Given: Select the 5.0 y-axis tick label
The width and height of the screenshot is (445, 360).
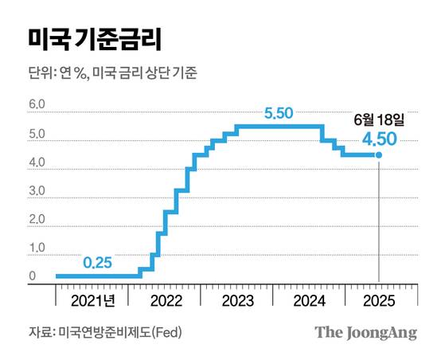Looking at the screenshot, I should pos(37,135).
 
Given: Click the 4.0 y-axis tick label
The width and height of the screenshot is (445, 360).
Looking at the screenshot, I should pos(37,163).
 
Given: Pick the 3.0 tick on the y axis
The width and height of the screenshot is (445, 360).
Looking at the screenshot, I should pos(37,192).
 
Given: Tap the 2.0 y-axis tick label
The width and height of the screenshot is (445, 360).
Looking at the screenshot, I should pos(37,221).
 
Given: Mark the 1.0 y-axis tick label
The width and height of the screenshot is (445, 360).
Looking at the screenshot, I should pos(37,249).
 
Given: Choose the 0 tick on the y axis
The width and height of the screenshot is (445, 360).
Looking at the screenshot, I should pos(32,277).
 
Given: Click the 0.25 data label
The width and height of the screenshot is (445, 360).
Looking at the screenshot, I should pos(98,261).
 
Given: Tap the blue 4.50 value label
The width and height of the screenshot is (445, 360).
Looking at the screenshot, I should pos(380,141).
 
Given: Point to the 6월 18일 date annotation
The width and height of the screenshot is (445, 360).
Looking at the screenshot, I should pos(379,120).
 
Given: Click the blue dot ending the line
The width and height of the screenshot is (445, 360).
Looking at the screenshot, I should pos(377,156).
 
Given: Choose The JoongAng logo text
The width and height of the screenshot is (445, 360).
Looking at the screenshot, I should pos(365,332).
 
